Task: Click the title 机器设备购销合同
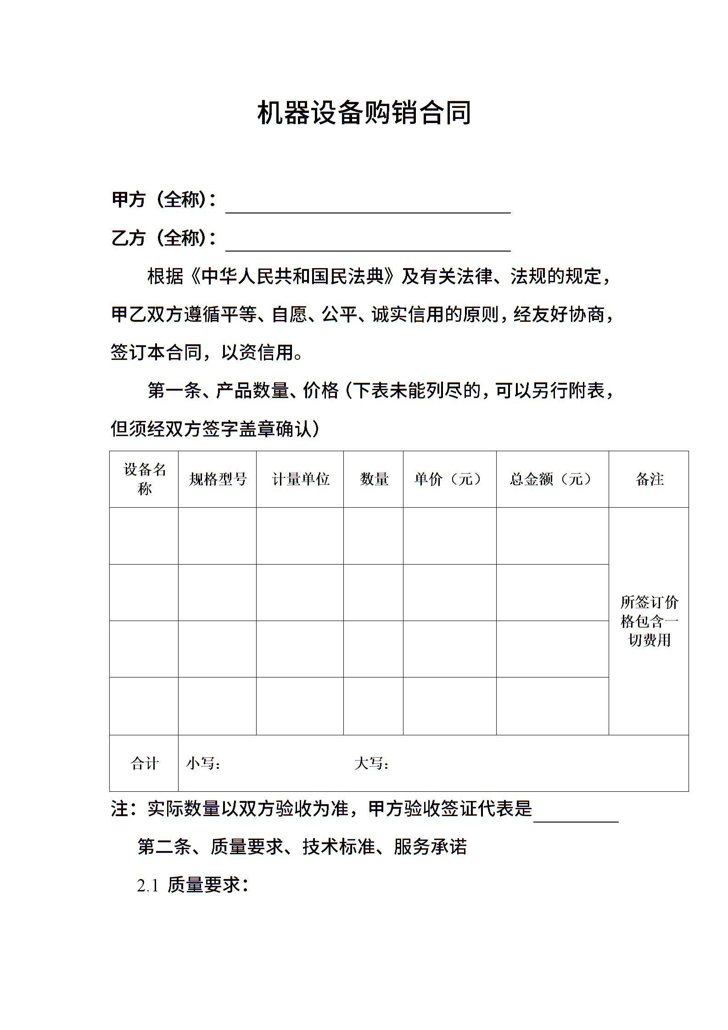[x=364, y=113]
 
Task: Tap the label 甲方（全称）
[x=163, y=200]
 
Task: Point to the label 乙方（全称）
[x=163, y=238]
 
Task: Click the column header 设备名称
[x=144, y=479]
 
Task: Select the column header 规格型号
[x=218, y=479]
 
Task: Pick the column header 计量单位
[x=300, y=479]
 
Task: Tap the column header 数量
[x=374, y=479]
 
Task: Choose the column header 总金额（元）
[x=552, y=479]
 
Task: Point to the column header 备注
[x=649, y=479]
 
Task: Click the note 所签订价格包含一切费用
[x=649, y=621]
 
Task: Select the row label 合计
[x=144, y=763]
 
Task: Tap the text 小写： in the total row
[x=203, y=763]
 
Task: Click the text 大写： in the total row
[x=372, y=763]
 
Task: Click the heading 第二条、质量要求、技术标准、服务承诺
[x=302, y=847]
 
